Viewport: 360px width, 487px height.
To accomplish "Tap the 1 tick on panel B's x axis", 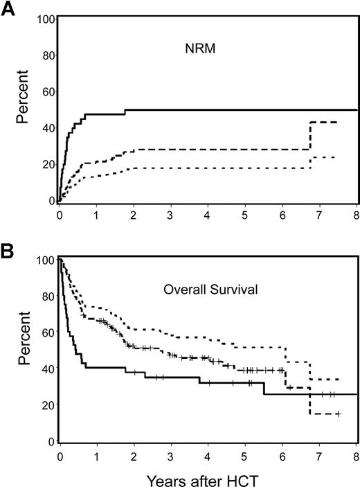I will [x=98, y=455].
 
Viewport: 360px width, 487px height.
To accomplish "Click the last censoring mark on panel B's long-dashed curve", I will [x=337, y=414].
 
